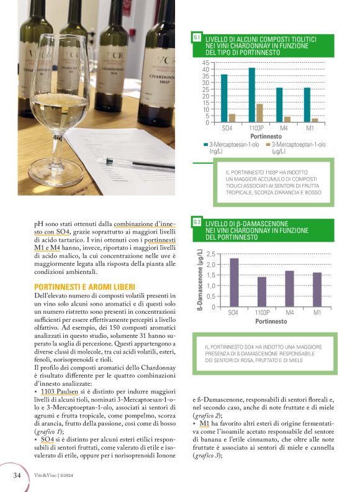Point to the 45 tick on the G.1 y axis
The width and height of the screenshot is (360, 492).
[205, 64]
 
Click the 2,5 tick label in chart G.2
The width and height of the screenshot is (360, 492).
[210, 255]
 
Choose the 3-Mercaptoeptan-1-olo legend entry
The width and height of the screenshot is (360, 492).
[298, 147]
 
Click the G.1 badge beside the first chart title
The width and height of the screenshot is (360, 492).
[197, 39]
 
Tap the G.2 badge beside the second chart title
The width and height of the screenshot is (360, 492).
[197, 222]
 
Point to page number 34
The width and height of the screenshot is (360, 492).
[18, 475]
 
